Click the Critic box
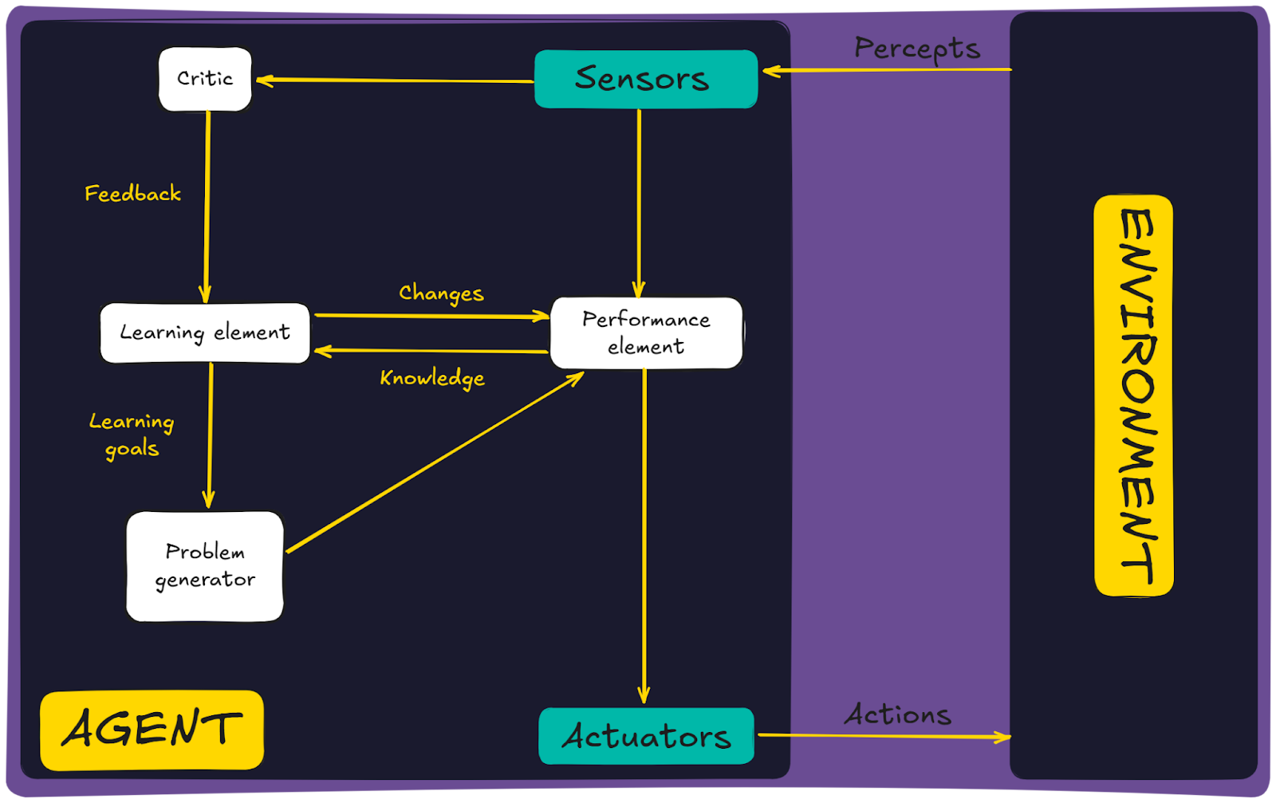pyautogui.click(x=205, y=79)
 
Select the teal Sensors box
pyautogui.click(x=645, y=79)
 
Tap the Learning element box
pyautogui.click(x=205, y=333)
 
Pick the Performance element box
pyautogui.click(x=646, y=333)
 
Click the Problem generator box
pyautogui.click(x=205, y=566)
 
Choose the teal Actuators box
pyautogui.click(x=646, y=736)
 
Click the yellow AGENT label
pyautogui.click(x=152, y=730)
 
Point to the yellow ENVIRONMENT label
pyautogui.click(x=1134, y=396)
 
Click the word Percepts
pyautogui.click(x=917, y=49)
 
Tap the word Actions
pyautogui.click(x=898, y=714)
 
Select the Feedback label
pyautogui.click(x=132, y=194)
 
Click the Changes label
pyautogui.click(x=441, y=293)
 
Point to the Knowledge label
pyautogui.click(x=432, y=378)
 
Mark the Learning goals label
pyautogui.click(x=132, y=435)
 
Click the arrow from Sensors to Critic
pyautogui.click(x=395, y=80)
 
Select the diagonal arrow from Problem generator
pyautogui.click(x=435, y=463)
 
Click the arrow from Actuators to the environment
pyautogui.click(x=884, y=736)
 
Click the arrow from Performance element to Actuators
pyautogui.click(x=644, y=534)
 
